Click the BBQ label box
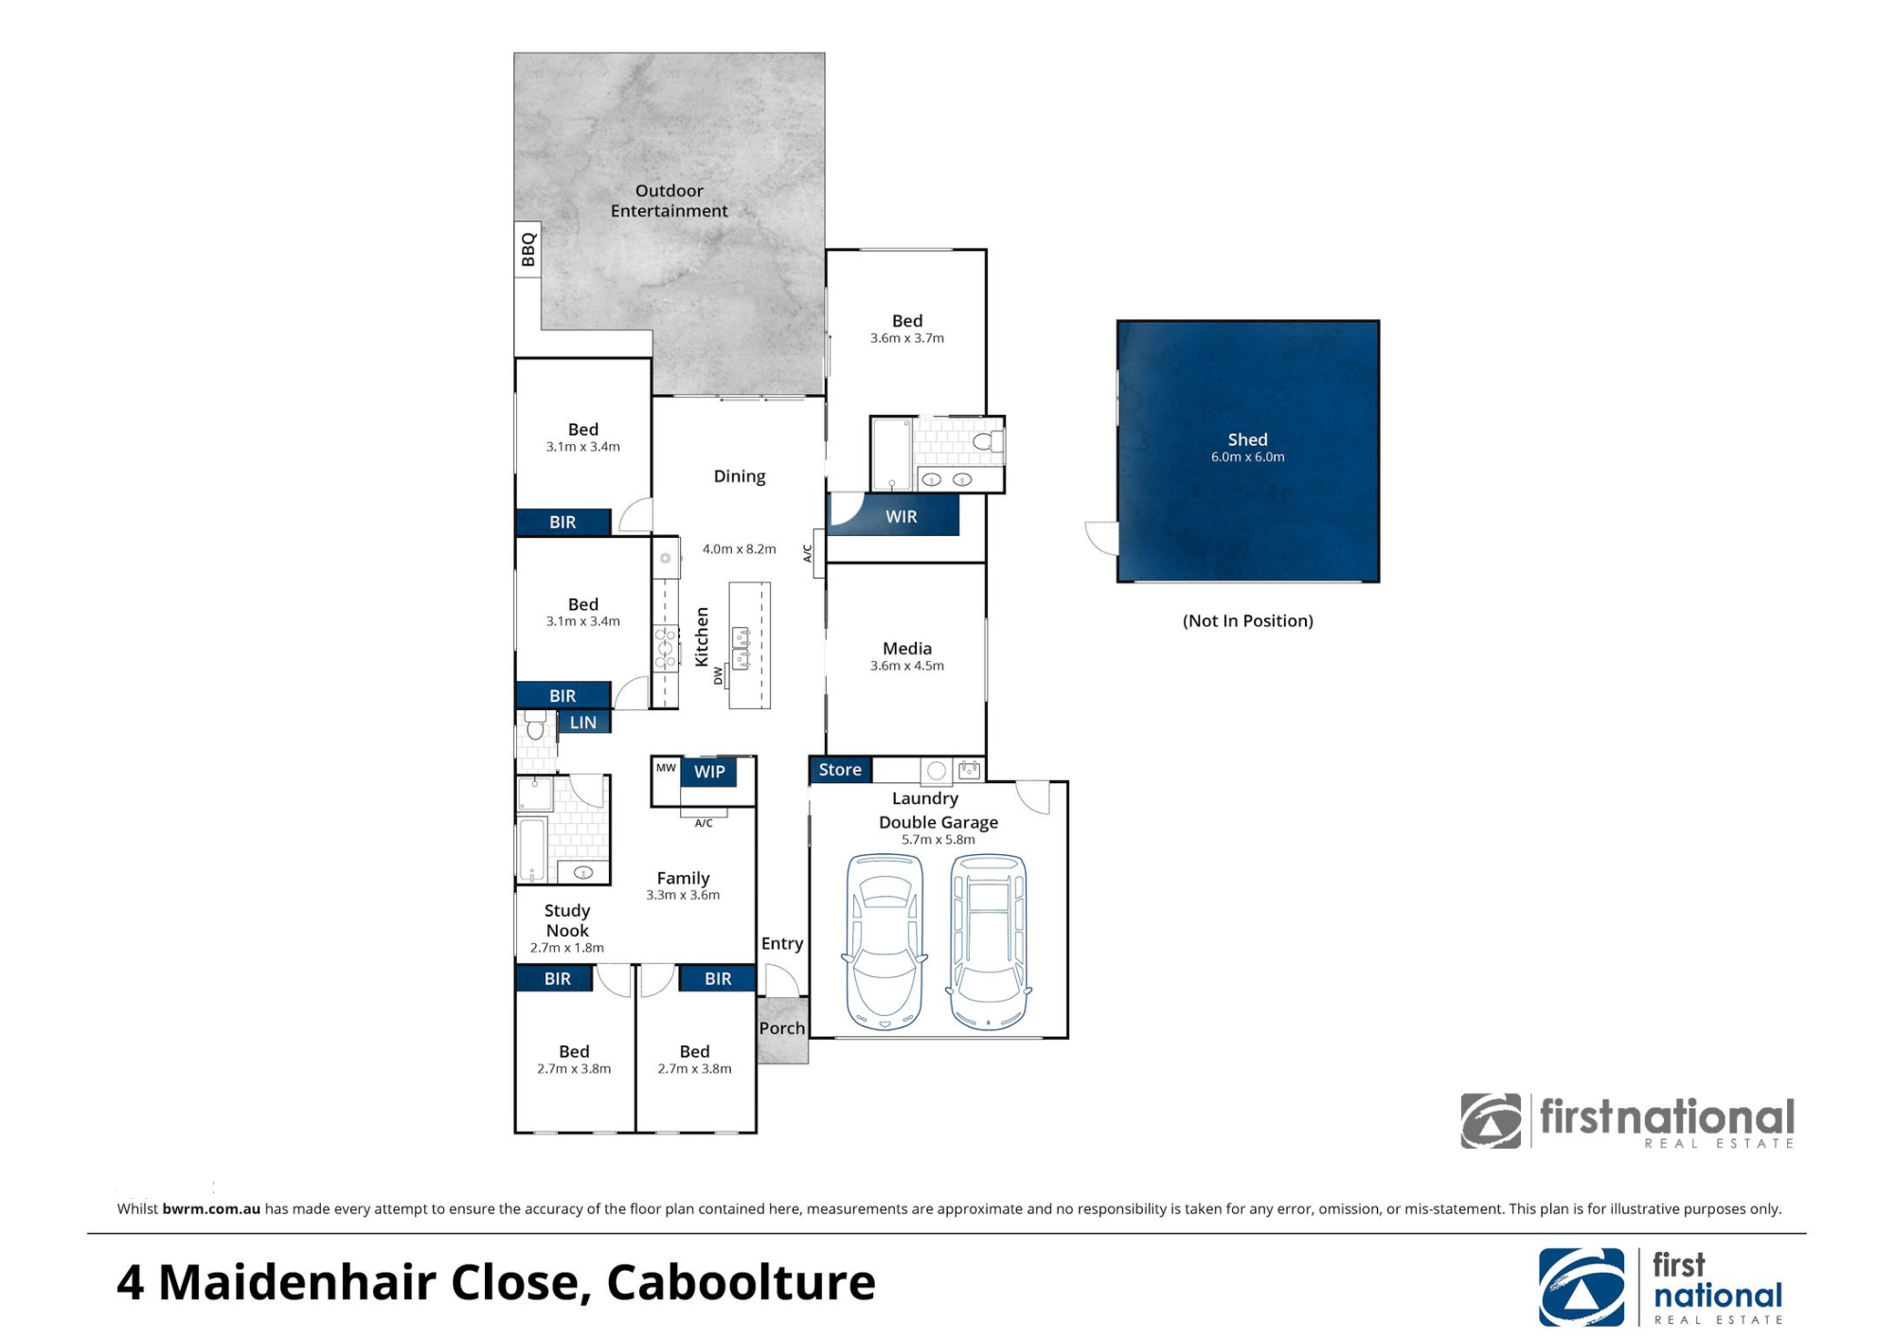[x=527, y=250]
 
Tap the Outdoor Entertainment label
[x=669, y=201]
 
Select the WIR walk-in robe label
[x=901, y=516]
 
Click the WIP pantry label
[x=709, y=772]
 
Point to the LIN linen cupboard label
[x=583, y=723]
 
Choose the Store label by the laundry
[x=840, y=770]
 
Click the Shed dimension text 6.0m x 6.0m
[x=1247, y=457]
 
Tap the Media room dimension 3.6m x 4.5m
[x=907, y=666]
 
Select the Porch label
[x=782, y=1028]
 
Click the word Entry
[x=782, y=943]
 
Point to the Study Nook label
[x=567, y=920]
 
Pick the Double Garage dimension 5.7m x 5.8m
[x=938, y=840]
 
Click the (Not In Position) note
[x=1247, y=621]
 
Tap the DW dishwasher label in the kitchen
[x=718, y=676]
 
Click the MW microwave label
[x=666, y=768]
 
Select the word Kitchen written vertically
[x=702, y=636]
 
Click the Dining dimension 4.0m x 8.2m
[x=739, y=549]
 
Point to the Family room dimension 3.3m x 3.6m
[x=683, y=895]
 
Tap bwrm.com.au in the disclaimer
[x=211, y=1209]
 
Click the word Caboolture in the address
[x=741, y=1283]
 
